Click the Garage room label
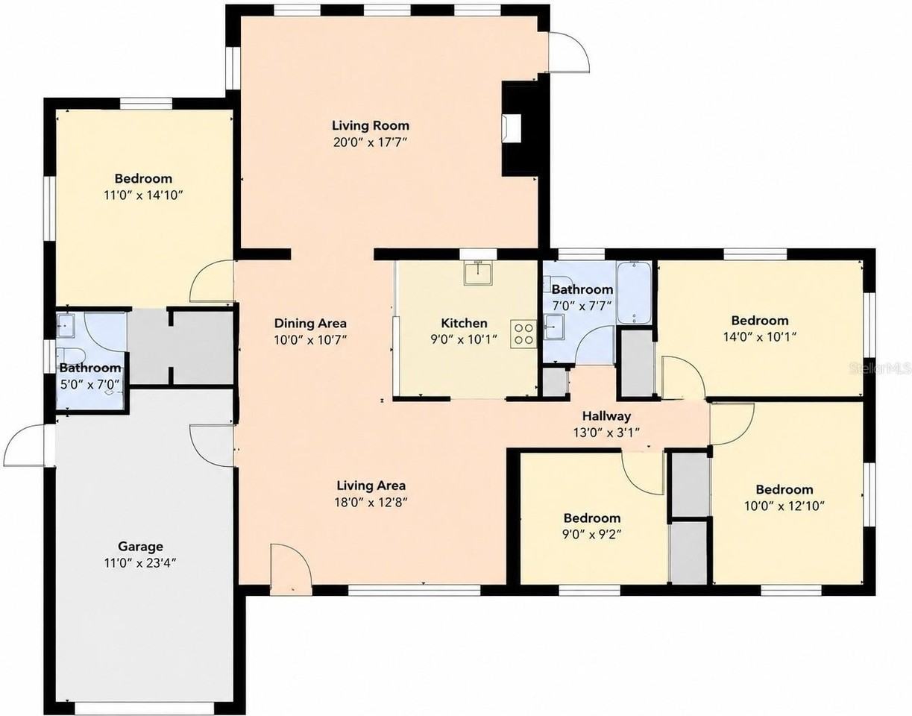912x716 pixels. [140, 547]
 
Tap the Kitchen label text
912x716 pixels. [464, 323]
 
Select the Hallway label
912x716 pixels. [606, 416]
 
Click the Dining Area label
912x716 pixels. [310, 323]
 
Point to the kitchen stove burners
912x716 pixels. [523, 333]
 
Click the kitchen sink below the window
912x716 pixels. [478, 273]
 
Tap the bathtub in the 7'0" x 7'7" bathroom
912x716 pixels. [634, 292]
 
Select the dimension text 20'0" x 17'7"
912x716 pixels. [371, 142]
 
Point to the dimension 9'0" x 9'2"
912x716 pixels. [592, 534]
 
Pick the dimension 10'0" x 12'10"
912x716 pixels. [784, 506]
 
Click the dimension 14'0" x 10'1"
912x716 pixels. [760, 336]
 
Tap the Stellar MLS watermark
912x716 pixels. [880, 368]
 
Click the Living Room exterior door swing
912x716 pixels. [570, 52]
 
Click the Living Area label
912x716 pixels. [371, 486]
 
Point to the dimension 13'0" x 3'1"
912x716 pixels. [606, 433]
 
